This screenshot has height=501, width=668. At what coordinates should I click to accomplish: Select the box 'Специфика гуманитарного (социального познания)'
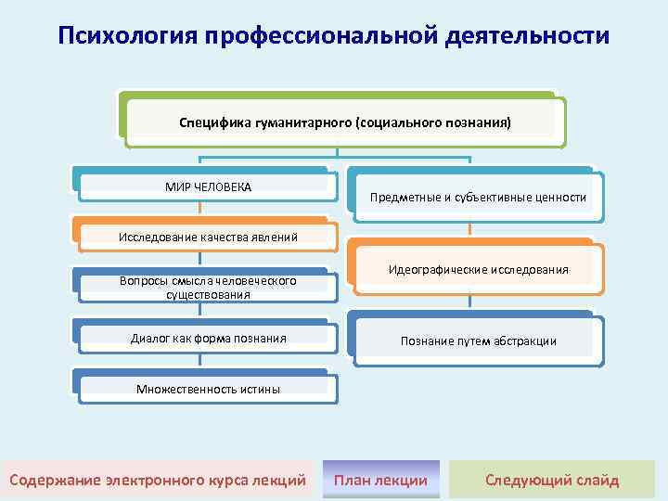click(x=344, y=122)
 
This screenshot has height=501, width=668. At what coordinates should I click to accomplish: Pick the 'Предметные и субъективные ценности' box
click(x=478, y=198)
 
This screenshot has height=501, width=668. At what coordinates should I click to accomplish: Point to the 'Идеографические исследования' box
click(x=478, y=270)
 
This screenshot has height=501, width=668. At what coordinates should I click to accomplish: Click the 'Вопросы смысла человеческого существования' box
click(x=206, y=287)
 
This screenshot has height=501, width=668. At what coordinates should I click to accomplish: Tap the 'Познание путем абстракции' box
click(x=478, y=340)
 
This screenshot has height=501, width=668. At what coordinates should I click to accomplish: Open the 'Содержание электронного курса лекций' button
click(x=157, y=480)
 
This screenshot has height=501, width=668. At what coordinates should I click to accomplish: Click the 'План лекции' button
click(x=381, y=480)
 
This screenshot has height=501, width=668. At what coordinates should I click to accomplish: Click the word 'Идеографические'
click(x=436, y=270)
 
